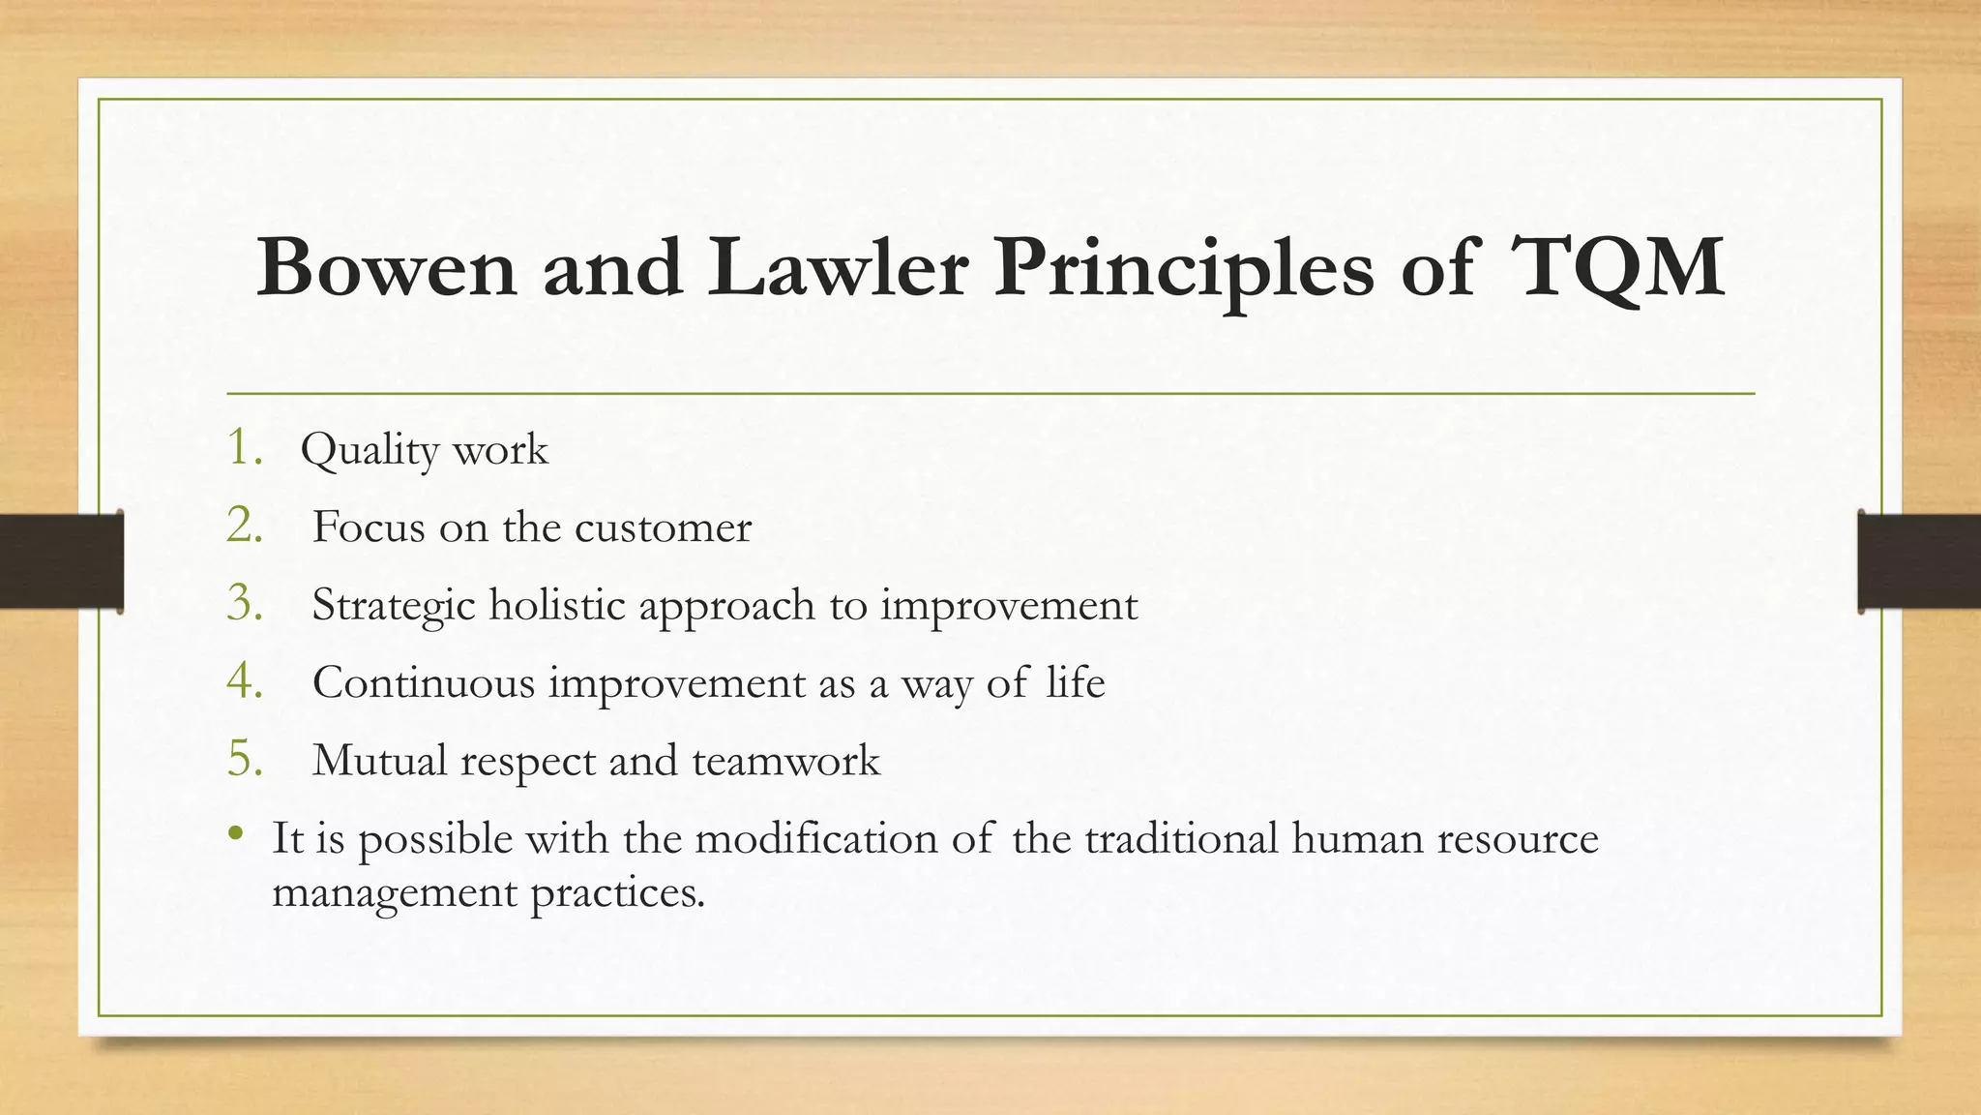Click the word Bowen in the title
coord(386,267)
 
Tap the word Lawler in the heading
coord(837,267)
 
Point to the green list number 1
coord(243,448)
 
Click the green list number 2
coord(244,526)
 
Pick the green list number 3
coord(244,603)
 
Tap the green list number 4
coord(244,680)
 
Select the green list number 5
coord(244,759)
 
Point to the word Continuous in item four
coord(423,683)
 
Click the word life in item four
coord(1075,682)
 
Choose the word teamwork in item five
coord(785,762)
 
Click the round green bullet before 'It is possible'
coord(235,833)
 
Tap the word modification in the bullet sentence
coord(815,838)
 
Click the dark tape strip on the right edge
coord(1919,561)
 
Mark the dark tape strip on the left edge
coord(61,561)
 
